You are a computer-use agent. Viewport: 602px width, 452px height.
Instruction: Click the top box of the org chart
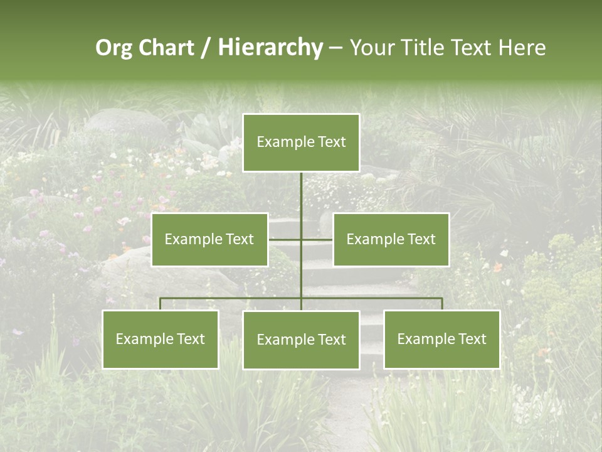click(301, 143)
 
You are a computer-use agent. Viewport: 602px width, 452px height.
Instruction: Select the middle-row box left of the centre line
click(209, 239)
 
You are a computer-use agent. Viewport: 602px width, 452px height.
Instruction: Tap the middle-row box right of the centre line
click(391, 239)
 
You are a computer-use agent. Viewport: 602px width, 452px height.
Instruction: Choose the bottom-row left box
click(161, 339)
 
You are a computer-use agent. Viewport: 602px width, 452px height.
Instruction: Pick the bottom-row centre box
click(301, 340)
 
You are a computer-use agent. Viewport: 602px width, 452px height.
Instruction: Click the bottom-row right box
click(441, 339)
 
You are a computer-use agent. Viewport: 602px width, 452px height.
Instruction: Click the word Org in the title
click(114, 48)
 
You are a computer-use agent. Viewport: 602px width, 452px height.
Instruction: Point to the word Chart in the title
click(167, 48)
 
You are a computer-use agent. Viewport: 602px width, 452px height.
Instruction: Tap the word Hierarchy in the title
click(270, 48)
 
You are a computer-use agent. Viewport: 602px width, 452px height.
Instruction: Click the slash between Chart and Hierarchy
click(206, 48)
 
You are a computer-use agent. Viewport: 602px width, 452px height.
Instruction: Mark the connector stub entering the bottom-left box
click(161, 304)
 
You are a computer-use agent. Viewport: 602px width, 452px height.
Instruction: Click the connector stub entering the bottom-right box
click(441, 304)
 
